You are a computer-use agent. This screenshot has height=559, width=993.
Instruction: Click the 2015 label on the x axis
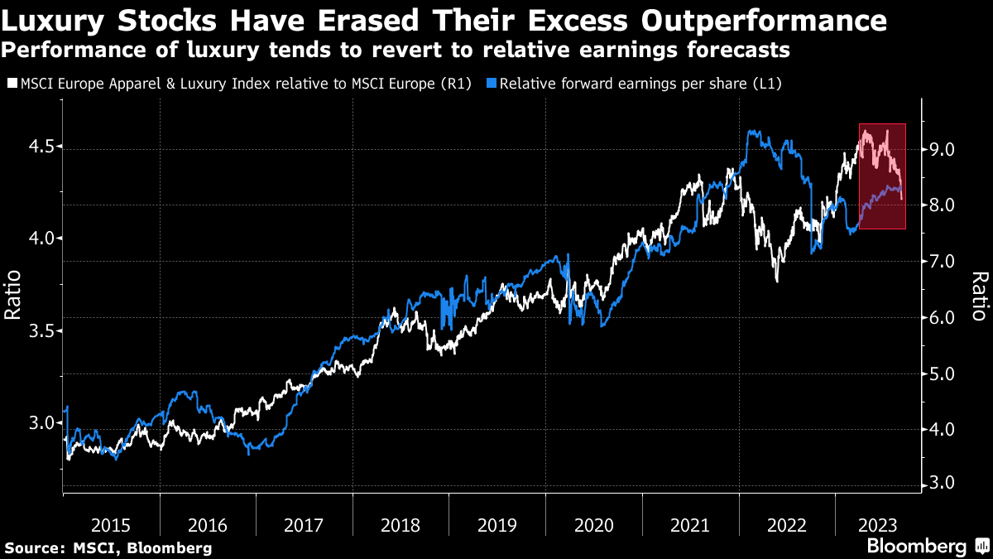pos(111,524)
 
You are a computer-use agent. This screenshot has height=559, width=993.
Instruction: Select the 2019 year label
pos(496,524)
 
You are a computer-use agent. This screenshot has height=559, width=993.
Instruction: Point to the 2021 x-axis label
pos(689,524)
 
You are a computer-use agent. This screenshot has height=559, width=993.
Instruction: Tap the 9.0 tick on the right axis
pos(943,150)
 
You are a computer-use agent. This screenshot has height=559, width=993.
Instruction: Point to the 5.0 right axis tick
pos(943,374)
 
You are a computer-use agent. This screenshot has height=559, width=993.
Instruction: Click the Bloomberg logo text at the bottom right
pos(916,547)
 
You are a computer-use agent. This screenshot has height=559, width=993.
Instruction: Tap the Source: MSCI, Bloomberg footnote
pos(108,547)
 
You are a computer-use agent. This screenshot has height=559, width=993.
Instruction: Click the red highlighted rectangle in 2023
pos(882,176)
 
